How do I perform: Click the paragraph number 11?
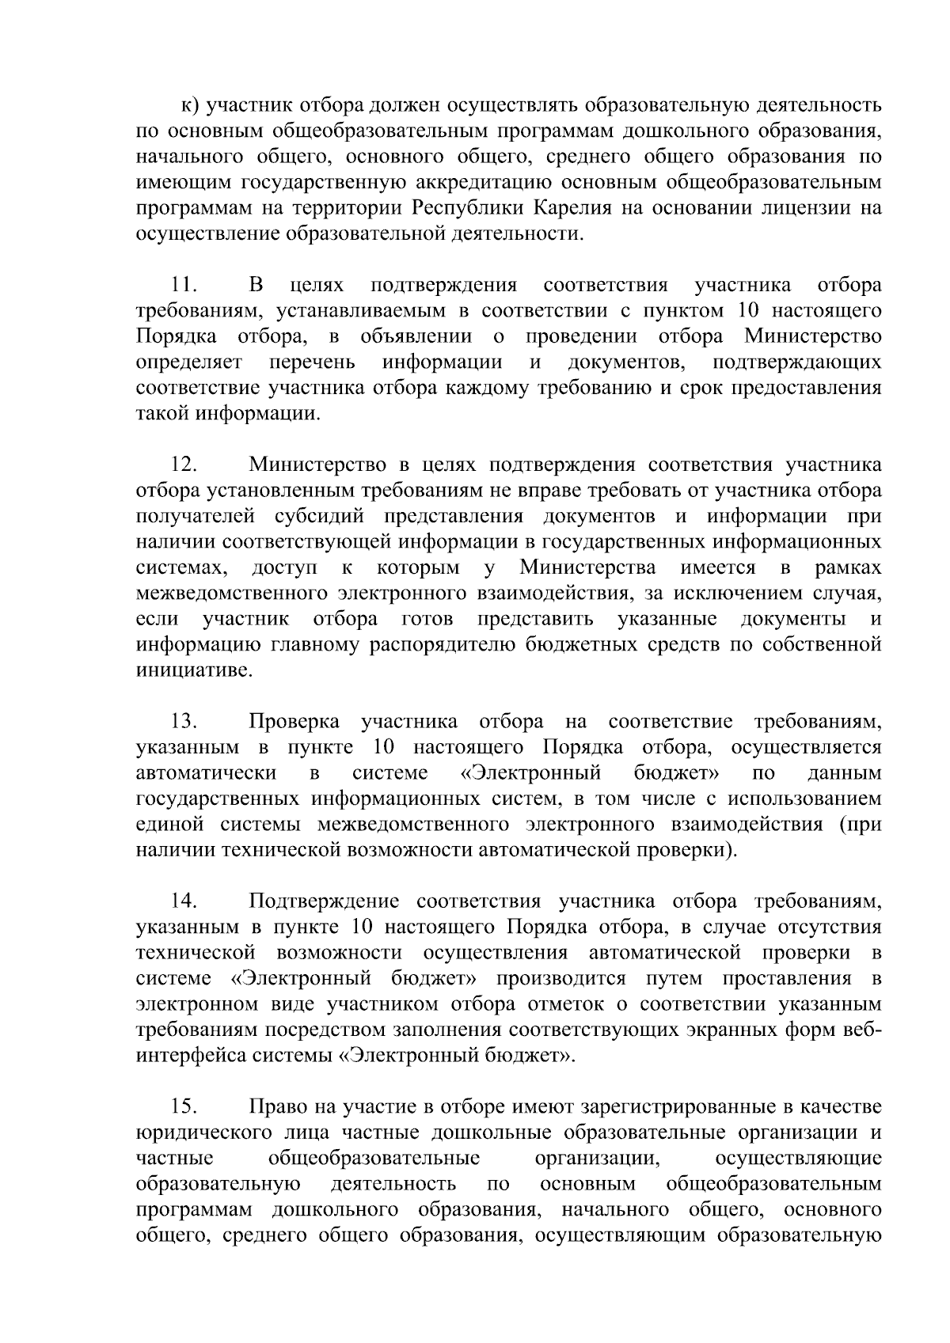click(184, 285)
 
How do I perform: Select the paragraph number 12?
click(184, 465)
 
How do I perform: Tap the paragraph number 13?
click(184, 722)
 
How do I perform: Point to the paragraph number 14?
click(184, 901)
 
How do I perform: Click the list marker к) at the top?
click(191, 105)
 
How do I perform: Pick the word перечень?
click(312, 362)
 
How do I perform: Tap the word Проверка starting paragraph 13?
click(294, 722)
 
